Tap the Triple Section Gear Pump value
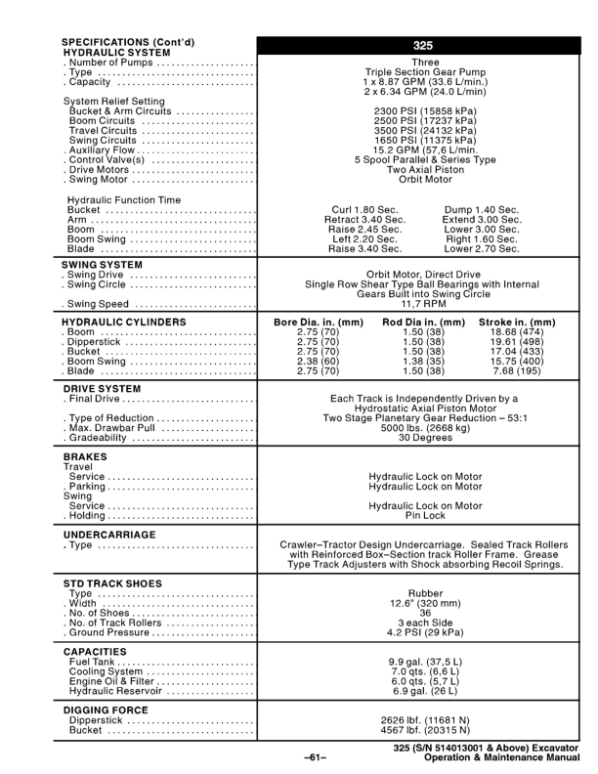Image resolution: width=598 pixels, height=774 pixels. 425,72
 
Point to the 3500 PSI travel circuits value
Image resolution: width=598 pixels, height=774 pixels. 425,129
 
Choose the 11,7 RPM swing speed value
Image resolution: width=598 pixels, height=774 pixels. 425,304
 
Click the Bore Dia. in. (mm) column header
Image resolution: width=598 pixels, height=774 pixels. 317,322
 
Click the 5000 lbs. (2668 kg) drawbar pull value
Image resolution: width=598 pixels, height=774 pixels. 425,428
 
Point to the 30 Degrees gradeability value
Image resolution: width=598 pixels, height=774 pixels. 425,438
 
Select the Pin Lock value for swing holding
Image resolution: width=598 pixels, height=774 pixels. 425,515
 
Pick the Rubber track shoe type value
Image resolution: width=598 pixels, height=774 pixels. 425,592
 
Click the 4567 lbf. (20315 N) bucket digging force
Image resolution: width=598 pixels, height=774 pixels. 425,728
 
